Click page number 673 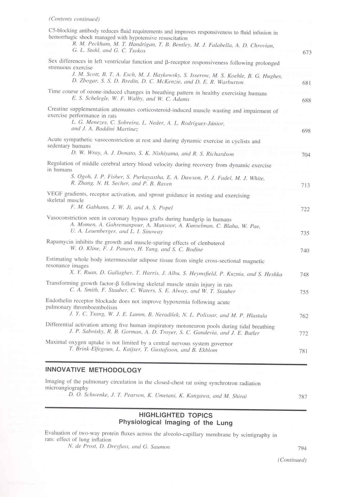307,52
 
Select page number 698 306,131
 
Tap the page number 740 305,250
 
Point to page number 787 303,396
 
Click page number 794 302,448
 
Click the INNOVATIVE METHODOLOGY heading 93,370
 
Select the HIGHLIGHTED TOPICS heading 176,415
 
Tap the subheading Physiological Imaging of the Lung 176,422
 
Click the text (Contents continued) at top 74,19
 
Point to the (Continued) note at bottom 292,460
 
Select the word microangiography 67,388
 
